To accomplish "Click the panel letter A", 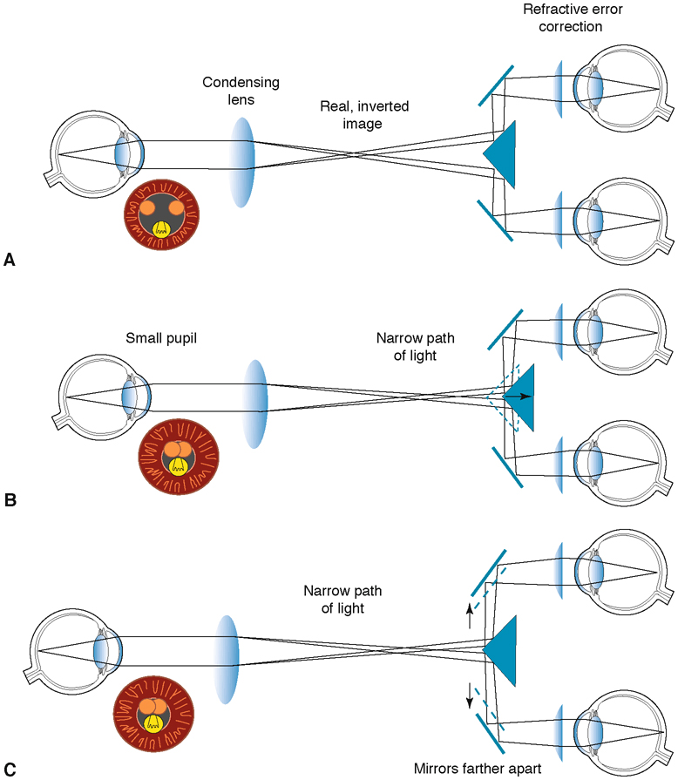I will (10, 259).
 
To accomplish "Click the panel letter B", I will (10, 500).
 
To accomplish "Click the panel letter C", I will (10, 769).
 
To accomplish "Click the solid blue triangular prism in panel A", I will (505, 153).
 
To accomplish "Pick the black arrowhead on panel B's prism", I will (527, 396).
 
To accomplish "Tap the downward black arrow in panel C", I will (470, 695).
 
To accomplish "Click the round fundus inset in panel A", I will (162, 216).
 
